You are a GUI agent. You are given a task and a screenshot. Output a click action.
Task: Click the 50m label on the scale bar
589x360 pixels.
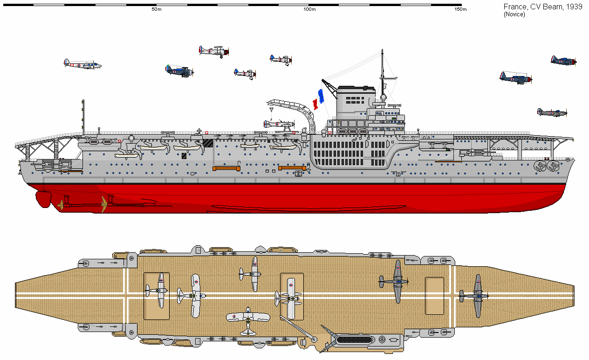[x=157, y=10]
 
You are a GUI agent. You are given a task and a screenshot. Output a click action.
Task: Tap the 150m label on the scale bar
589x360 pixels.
[x=460, y=10]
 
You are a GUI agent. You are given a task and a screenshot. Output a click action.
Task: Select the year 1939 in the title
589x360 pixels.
[x=573, y=7]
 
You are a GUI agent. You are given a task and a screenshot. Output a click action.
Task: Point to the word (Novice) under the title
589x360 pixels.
[x=514, y=14]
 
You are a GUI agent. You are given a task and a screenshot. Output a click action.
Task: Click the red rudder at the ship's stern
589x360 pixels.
[x=43, y=199]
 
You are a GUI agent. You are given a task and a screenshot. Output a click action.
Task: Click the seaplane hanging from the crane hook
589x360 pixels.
[x=279, y=124]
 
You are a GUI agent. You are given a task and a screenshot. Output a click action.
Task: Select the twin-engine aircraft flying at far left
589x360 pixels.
[x=82, y=64]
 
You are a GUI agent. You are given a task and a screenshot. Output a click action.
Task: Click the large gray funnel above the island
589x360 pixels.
[x=355, y=100]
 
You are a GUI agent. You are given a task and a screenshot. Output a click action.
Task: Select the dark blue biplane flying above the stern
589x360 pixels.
[x=179, y=71]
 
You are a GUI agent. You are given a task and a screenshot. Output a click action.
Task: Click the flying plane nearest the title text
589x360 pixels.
[x=563, y=61]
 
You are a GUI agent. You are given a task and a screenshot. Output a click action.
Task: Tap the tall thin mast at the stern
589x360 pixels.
[x=83, y=117]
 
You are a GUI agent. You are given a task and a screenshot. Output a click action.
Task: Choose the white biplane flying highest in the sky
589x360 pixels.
[x=214, y=51]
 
